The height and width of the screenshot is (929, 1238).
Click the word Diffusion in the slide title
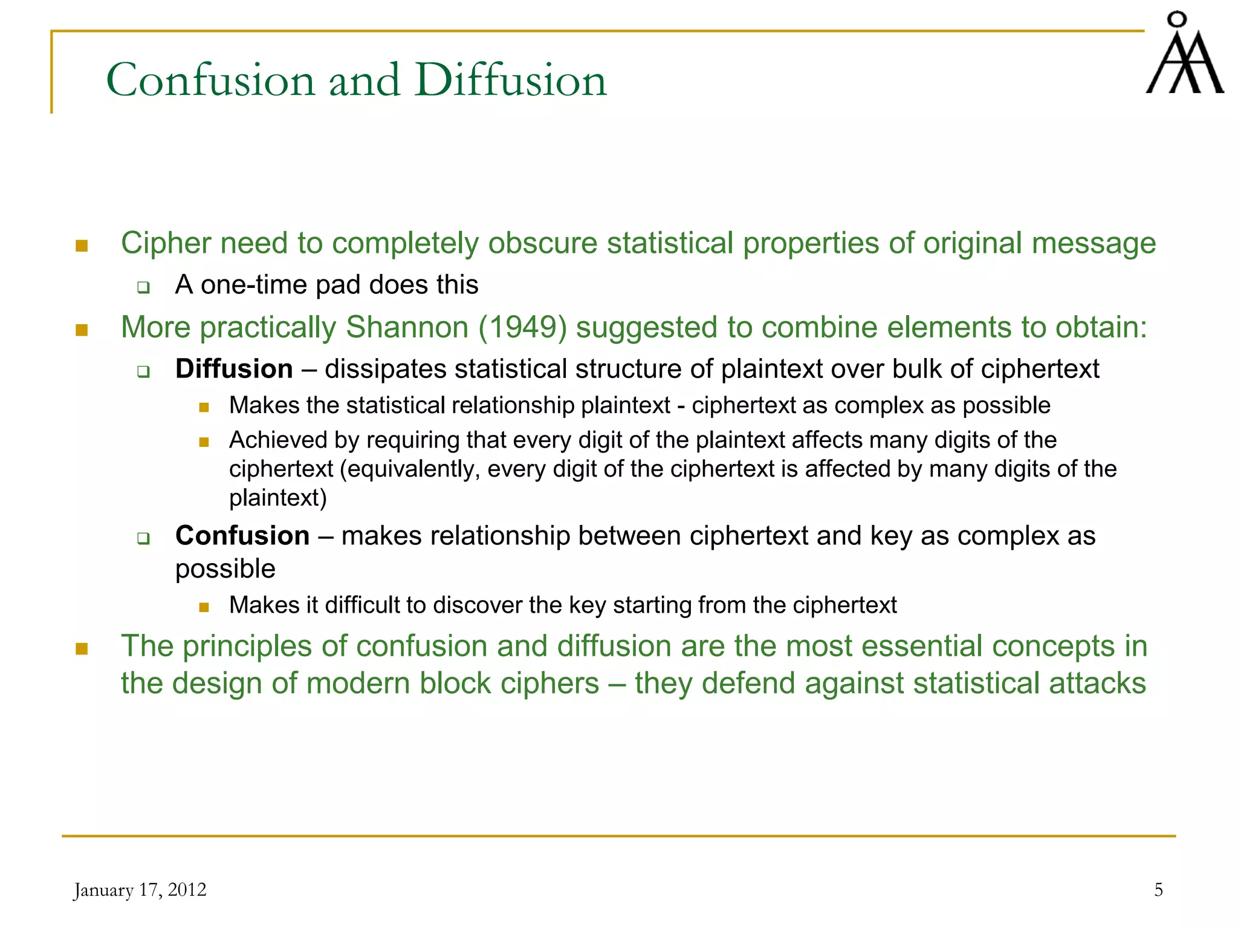coord(511,80)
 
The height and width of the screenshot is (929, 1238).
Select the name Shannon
coord(407,327)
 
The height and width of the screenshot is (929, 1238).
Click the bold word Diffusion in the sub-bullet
coord(234,369)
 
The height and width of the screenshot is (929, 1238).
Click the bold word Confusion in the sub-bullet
coord(242,536)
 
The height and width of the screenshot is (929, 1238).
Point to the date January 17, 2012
coord(140,890)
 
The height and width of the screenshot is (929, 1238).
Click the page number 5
coord(1158,890)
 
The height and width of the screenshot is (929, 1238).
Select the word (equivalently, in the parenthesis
coord(410,469)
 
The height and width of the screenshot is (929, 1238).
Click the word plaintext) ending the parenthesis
coord(278,498)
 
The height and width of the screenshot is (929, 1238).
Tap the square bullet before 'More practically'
coord(82,330)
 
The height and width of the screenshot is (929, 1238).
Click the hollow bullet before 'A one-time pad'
coord(143,287)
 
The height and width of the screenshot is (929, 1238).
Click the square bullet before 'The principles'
coord(82,649)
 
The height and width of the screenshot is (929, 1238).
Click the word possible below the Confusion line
coord(225,569)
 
